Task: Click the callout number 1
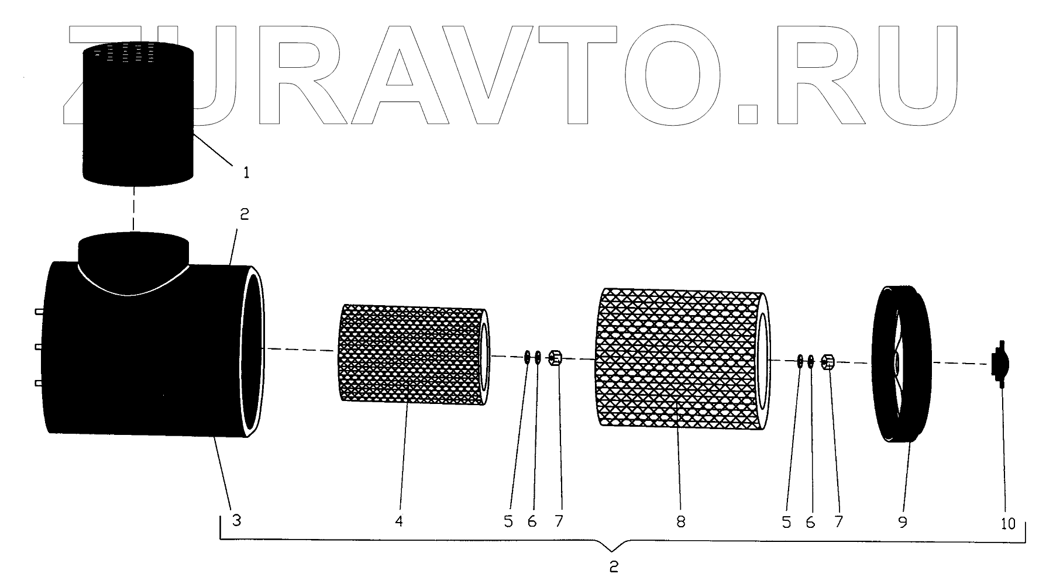246,172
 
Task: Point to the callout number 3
236,520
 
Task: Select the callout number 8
680,521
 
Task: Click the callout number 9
902,521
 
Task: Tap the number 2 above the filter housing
244,215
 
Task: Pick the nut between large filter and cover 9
828,362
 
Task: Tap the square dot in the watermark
748,114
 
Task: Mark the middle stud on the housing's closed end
39,347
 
